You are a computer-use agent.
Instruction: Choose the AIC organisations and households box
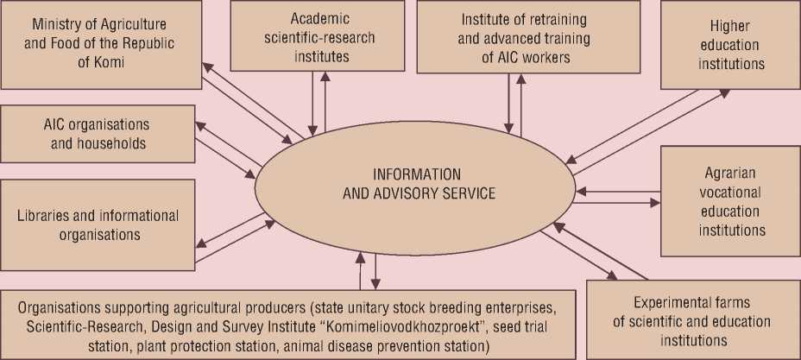(x=96, y=134)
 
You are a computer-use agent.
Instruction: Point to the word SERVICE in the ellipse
(x=465, y=193)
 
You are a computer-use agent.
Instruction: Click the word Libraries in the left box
(x=52, y=215)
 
